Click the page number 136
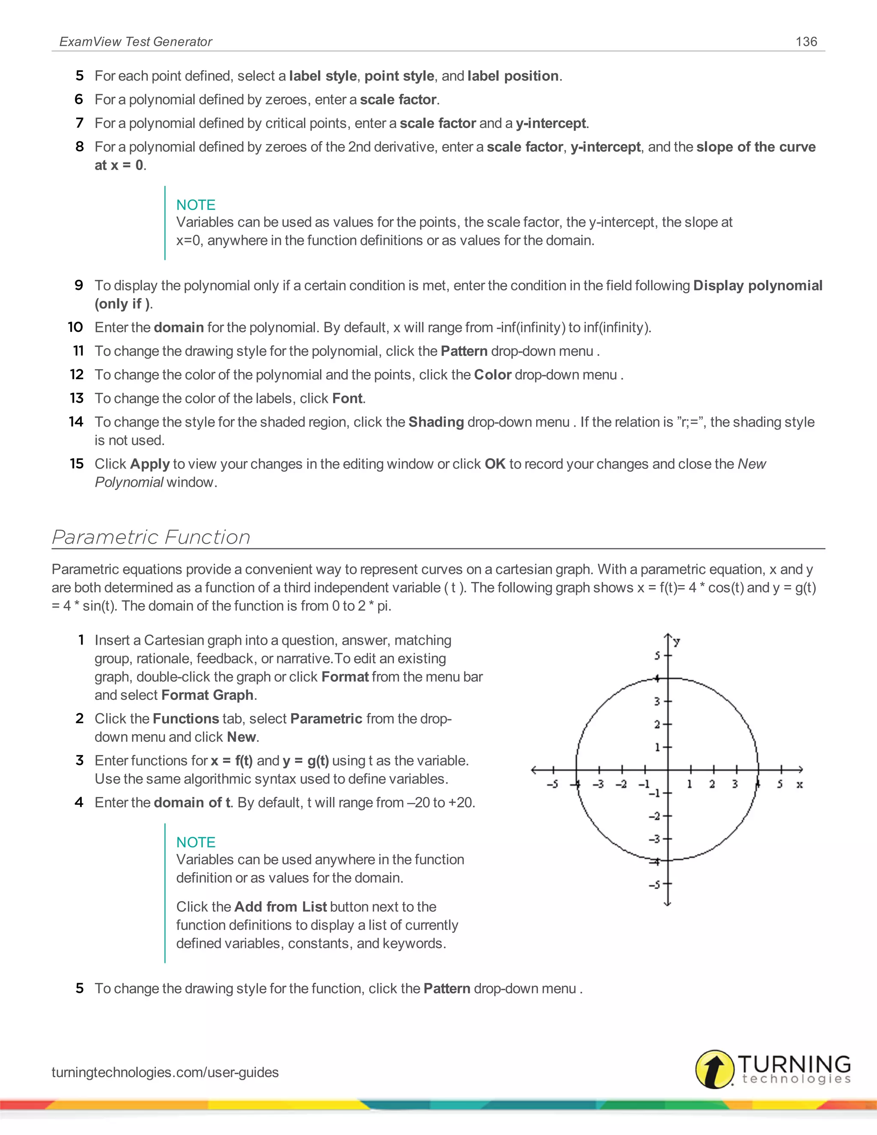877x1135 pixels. [x=806, y=42]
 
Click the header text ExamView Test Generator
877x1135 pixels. [x=136, y=42]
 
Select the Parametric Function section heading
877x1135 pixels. [x=151, y=537]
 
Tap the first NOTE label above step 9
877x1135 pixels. [x=195, y=205]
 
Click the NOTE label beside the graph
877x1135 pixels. [x=195, y=842]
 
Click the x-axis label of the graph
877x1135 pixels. [x=799, y=784]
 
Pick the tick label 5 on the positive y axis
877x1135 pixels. [x=657, y=656]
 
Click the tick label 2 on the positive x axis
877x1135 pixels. [x=712, y=784]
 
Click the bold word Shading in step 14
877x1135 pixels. [x=436, y=422]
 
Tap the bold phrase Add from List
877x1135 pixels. [x=280, y=906]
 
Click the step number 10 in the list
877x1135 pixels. [x=75, y=327]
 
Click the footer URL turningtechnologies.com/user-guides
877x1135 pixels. [x=165, y=1072]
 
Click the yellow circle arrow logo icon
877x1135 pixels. [x=714, y=1069]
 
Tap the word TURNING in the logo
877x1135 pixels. [x=794, y=1064]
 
